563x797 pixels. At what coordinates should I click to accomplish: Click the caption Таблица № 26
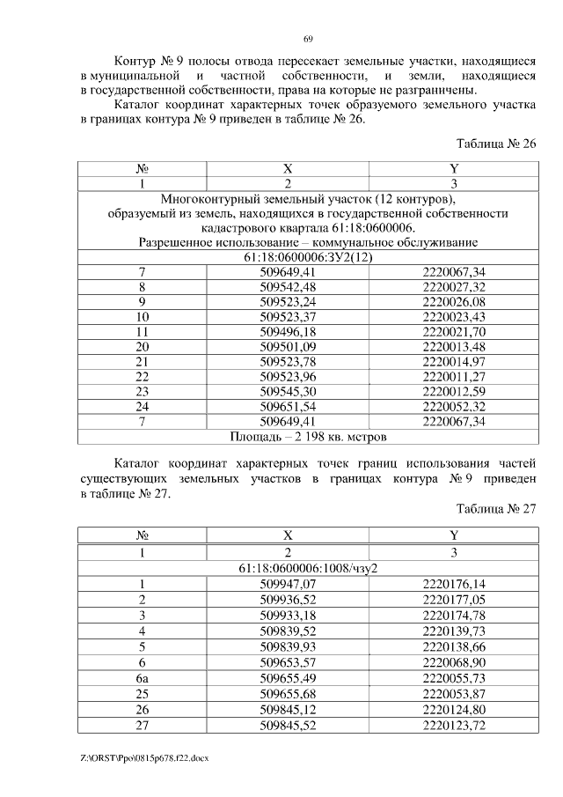(496, 144)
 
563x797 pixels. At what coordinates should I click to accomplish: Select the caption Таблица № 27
(496, 508)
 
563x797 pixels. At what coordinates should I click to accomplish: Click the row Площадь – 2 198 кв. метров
(307, 435)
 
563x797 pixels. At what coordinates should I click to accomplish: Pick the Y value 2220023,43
(453, 316)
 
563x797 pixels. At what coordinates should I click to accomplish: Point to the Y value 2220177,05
(453, 599)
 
